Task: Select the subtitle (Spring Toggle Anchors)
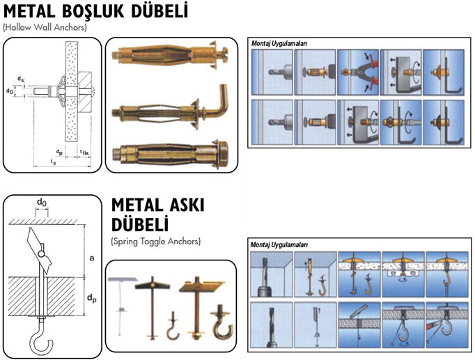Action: tap(155, 241)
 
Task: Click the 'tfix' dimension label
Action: tap(84, 151)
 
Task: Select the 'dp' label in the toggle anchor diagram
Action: tap(91, 299)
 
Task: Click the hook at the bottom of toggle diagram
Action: tap(34, 343)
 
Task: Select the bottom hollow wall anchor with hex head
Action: tap(171, 153)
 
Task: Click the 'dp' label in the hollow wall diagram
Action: tap(60, 151)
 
